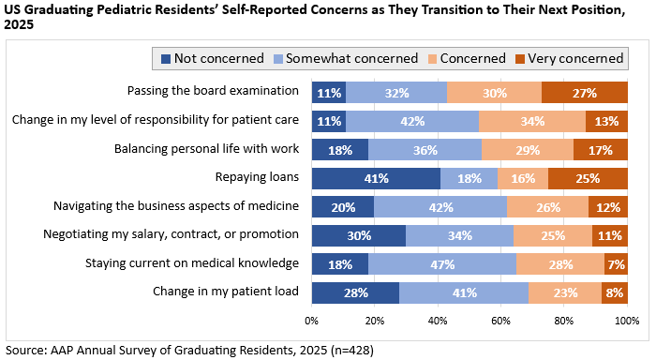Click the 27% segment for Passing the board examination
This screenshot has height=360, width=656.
585,93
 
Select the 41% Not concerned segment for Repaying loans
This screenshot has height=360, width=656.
376,179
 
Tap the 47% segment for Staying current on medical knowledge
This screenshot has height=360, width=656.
442,264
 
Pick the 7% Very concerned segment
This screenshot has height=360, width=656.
617,264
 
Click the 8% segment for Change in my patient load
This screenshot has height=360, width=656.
615,293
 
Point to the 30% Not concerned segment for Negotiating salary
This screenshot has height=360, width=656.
359,235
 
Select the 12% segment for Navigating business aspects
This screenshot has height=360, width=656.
608,207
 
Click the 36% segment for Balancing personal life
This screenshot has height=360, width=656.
425,150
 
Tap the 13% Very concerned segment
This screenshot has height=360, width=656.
606,121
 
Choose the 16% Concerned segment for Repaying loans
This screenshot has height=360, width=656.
523,179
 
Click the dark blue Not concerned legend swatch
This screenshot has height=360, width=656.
166,59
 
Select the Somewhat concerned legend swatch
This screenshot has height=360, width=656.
277,59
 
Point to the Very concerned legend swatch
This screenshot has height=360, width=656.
519,59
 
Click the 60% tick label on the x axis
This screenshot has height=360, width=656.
500,321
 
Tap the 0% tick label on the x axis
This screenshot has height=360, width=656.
312,321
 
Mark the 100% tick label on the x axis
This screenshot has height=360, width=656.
627,321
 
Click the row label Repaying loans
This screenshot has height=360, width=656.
257,177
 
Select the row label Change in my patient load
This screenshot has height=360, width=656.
226,291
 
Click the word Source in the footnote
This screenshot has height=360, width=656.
24,350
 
